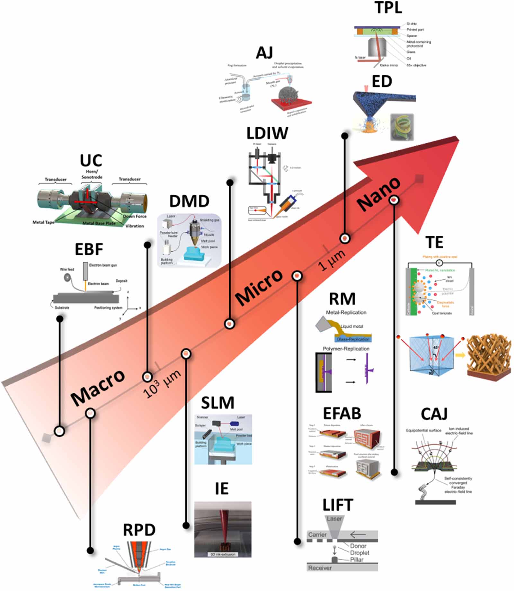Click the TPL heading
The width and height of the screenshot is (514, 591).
pos(388,8)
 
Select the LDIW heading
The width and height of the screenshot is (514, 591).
pos(267,133)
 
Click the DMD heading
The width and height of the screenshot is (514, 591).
pos(189,201)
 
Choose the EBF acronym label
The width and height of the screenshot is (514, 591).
pos(89,249)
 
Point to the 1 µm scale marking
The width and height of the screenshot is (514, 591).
pos(332,260)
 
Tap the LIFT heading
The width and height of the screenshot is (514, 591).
pos(338,505)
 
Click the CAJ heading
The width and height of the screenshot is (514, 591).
pos(434,414)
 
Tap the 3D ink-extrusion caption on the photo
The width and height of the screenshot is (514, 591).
pos(223,554)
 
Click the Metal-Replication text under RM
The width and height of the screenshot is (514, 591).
pos(346,312)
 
